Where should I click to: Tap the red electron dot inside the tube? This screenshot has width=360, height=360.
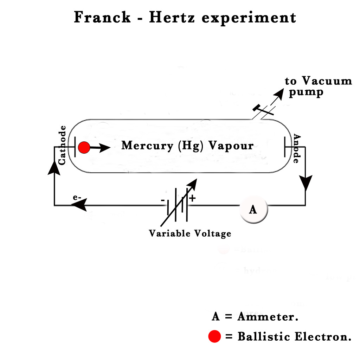[x=84, y=148]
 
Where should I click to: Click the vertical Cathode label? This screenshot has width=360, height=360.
[x=62, y=145]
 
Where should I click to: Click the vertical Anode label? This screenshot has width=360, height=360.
[x=296, y=148]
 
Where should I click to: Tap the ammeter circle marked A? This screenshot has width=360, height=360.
[x=253, y=210]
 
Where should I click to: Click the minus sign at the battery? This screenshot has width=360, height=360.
[x=163, y=200]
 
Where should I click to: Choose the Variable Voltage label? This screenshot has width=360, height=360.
[x=190, y=233]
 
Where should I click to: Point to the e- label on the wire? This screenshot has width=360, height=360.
[x=77, y=197]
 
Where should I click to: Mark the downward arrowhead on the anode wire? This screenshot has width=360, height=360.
[x=305, y=183]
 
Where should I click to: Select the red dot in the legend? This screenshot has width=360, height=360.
[x=214, y=336]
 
